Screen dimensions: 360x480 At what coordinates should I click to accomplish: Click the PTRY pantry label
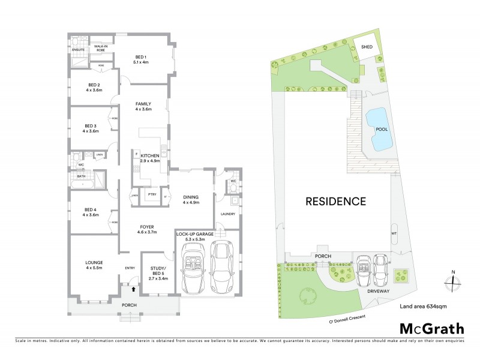click(152, 194)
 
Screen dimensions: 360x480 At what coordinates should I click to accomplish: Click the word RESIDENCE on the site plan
click(336, 202)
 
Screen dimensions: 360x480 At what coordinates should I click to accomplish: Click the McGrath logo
click(431, 328)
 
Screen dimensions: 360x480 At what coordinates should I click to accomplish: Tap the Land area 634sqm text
click(423, 307)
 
